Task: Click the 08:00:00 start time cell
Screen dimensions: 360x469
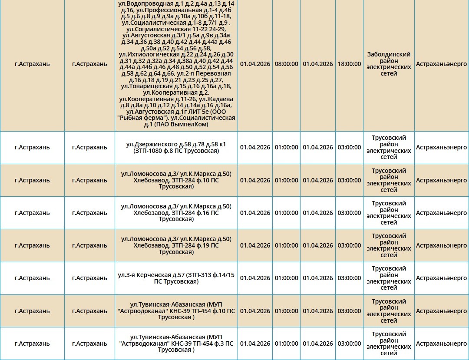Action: click(286, 64)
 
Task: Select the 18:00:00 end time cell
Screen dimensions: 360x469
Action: click(349, 64)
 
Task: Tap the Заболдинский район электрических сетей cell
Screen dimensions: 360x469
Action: click(389, 64)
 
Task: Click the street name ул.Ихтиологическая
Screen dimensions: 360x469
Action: click(149, 54)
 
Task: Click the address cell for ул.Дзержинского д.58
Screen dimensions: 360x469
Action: click(176, 147)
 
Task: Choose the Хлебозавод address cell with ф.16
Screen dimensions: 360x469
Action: click(176, 213)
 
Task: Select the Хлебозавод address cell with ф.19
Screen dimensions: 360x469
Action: click(176, 245)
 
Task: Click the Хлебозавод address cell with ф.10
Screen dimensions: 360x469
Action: click(176, 180)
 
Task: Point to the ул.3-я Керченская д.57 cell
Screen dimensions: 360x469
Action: click(176, 278)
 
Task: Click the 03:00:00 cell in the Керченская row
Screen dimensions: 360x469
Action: click(349, 278)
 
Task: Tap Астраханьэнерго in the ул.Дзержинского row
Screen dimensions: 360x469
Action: click(441, 147)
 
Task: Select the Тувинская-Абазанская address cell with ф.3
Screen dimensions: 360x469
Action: click(176, 343)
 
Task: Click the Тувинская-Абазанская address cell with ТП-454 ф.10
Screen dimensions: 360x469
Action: click(176, 311)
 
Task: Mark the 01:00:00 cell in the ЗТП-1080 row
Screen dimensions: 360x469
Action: click(286, 147)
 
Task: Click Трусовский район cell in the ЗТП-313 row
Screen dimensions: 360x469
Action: click(389, 278)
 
